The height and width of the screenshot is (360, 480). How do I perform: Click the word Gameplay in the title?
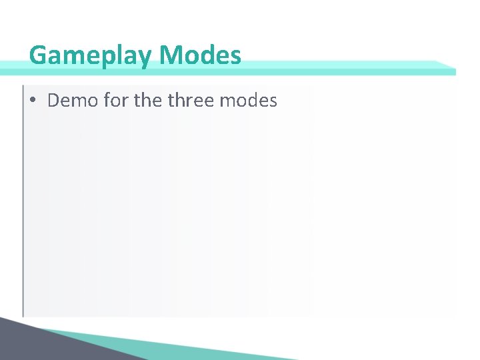91,55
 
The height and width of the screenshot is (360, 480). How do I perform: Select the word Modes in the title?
201,55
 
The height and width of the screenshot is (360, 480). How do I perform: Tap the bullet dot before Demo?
33,101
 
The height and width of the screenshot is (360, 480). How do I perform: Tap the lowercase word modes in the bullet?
248,101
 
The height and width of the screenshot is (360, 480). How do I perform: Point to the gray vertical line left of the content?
23,200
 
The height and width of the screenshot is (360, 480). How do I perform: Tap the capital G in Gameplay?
39,55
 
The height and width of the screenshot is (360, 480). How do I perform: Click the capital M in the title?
172,55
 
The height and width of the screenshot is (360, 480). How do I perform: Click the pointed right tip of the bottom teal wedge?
293,359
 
